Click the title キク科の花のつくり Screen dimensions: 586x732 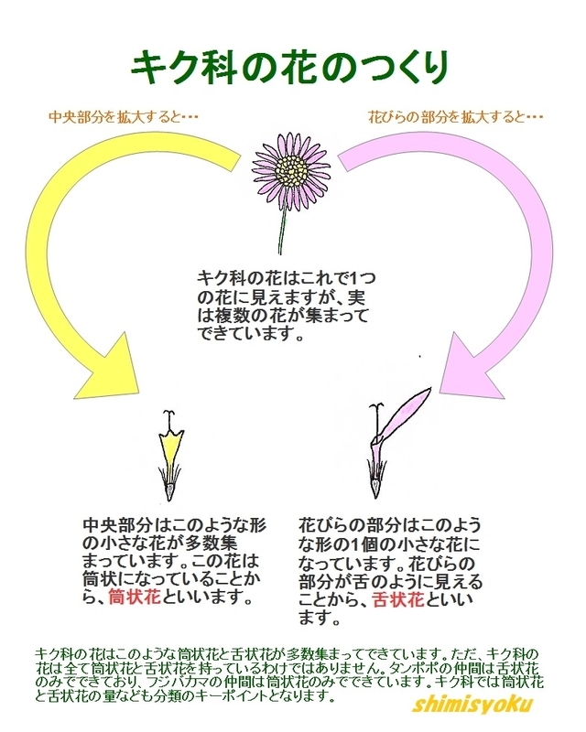pyautogui.click(x=291, y=65)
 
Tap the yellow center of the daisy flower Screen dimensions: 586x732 pyautogui.click(x=292, y=168)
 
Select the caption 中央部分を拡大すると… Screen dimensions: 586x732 pyautogui.click(x=124, y=117)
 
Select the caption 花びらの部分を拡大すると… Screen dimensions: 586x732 pyautogui.click(x=455, y=117)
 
